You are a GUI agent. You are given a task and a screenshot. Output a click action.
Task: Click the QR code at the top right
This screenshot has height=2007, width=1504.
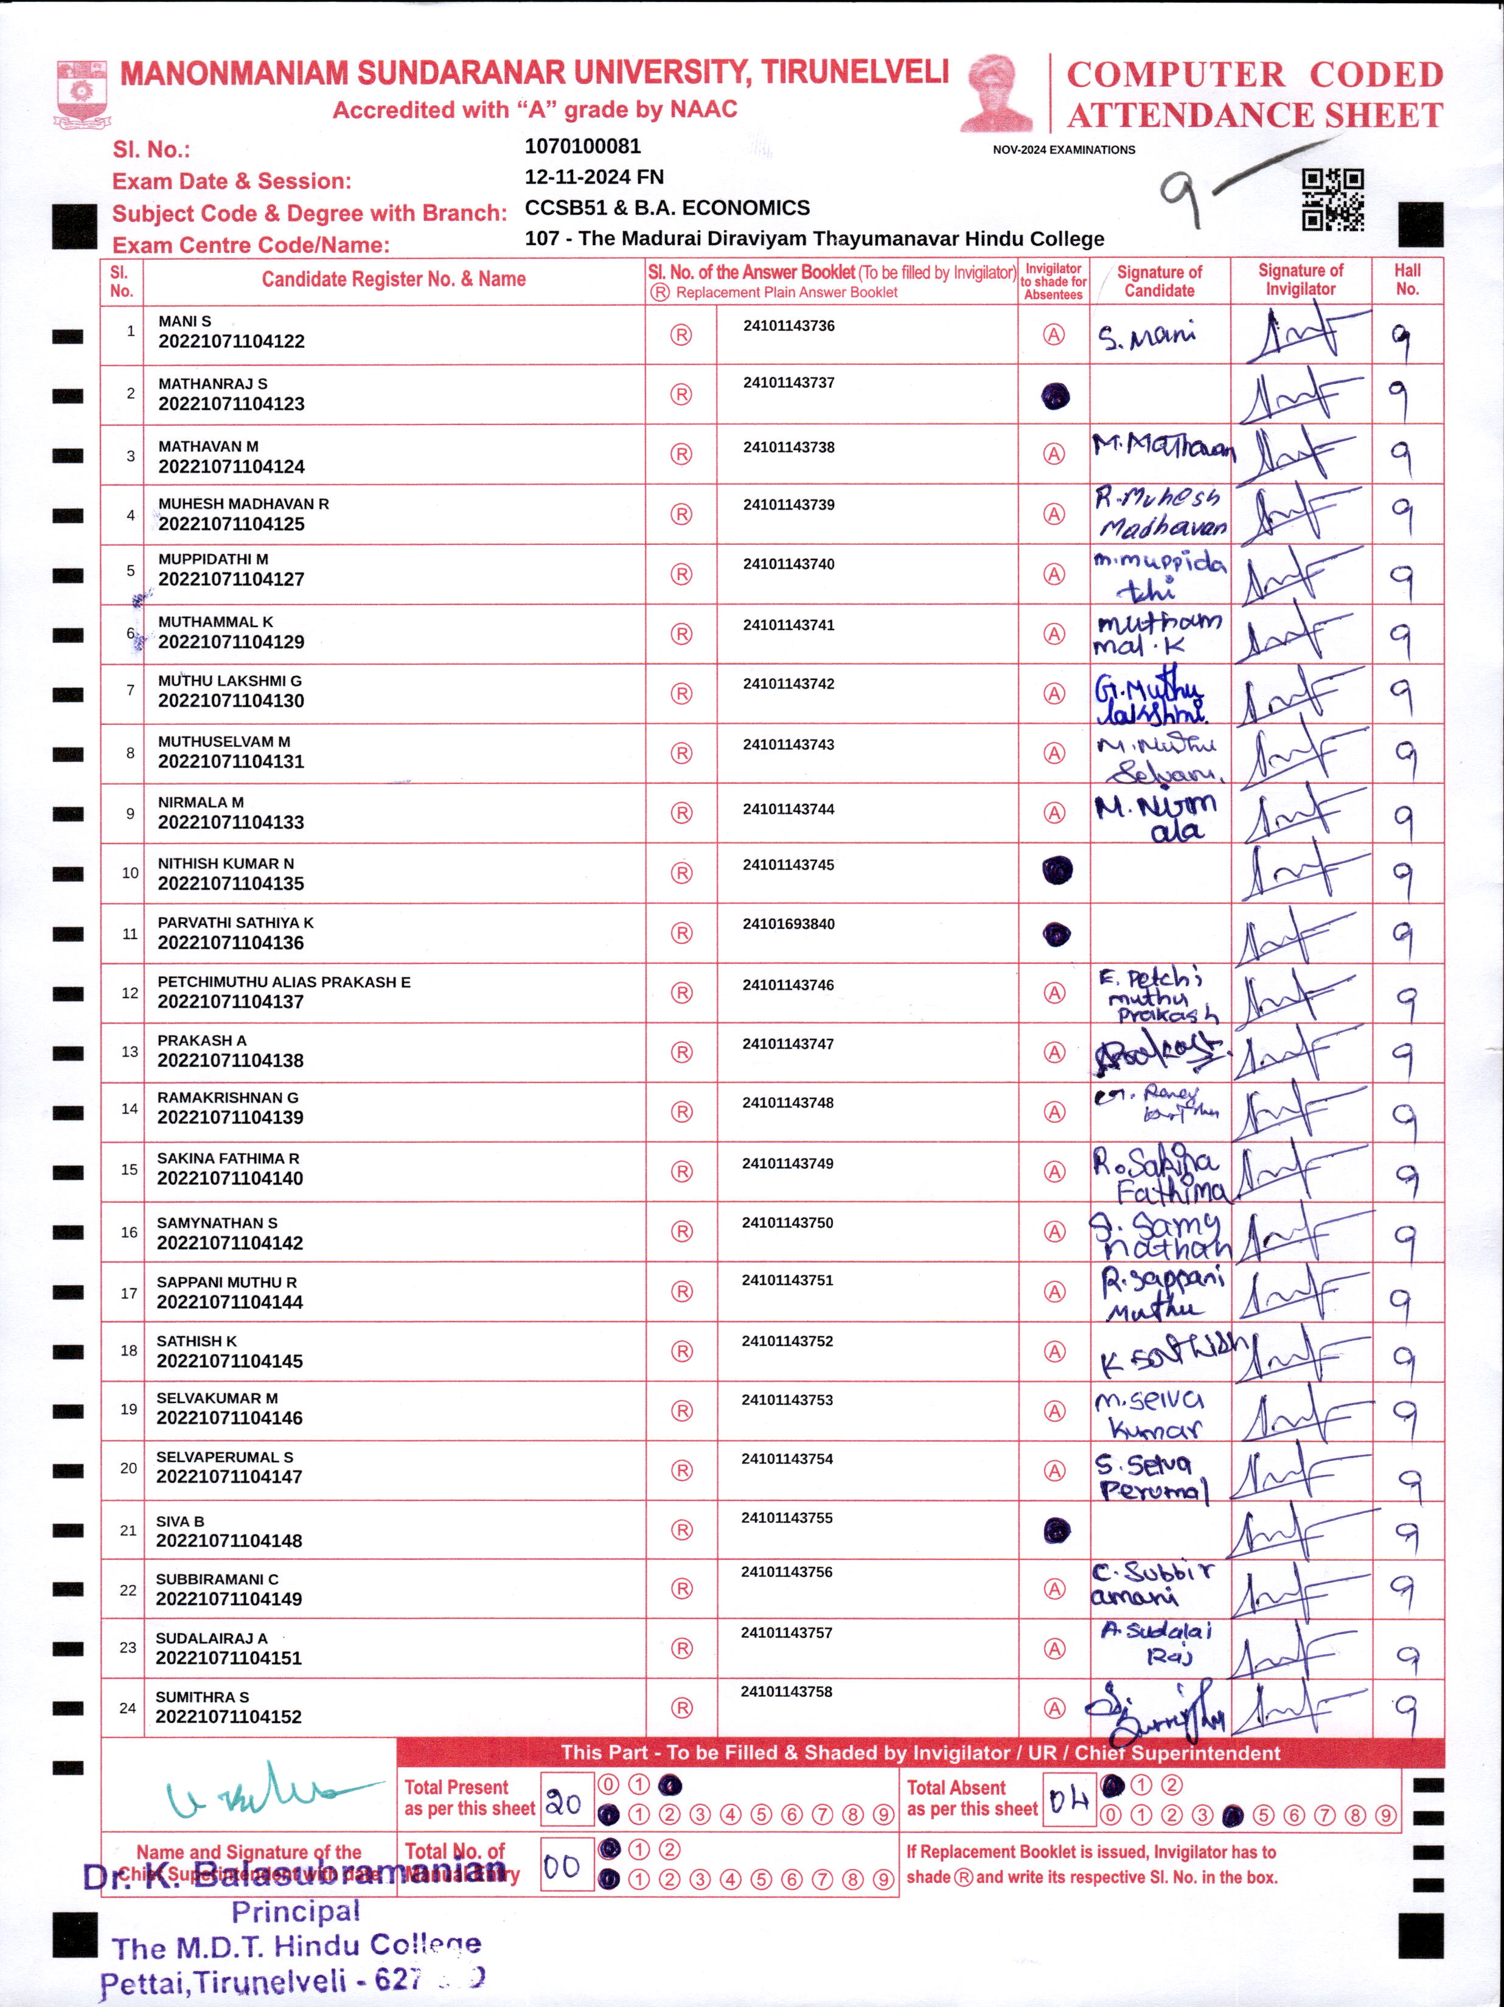click(x=1332, y=199)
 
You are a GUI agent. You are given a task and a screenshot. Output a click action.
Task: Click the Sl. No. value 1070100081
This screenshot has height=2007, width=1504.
click(x=583, y=146)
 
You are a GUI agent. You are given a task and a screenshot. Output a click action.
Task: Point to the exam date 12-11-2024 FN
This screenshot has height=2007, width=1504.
click(x=594, y=177)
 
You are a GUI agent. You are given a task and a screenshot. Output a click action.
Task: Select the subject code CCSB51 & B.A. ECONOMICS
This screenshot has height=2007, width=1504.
click(x=667, y=208)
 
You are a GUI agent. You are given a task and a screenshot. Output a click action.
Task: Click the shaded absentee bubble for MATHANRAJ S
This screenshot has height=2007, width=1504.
click(x=1055, y=395)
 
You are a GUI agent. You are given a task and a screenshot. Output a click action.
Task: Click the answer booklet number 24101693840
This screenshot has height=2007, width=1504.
click(x=788, y=924)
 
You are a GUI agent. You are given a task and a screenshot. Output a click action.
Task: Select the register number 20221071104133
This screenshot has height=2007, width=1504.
click(x=231, y=823)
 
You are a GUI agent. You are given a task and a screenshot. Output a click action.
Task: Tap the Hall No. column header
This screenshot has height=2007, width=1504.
click(x=1407, y=279)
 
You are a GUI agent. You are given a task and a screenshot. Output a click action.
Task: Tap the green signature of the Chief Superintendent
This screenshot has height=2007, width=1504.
click(x=263, y=1791)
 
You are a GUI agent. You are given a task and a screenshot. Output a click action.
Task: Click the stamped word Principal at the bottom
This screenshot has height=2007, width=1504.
click(x=296, y=1912)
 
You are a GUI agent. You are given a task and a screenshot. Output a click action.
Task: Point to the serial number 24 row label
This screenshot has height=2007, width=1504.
click(x=128, y=1708)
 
